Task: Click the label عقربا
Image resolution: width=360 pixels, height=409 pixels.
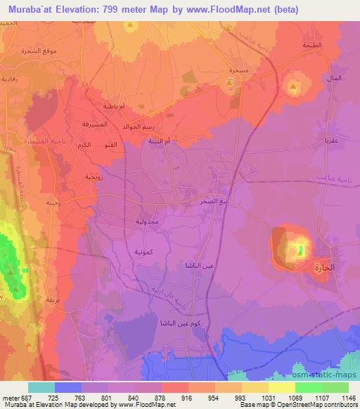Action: pyautogui.click(x=331, y=141)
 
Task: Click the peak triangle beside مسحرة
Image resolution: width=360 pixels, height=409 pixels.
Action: pyautogui.click(x=231, y=84)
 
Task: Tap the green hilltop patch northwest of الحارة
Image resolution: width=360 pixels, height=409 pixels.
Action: pyautogui.click(x=301, y=249)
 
